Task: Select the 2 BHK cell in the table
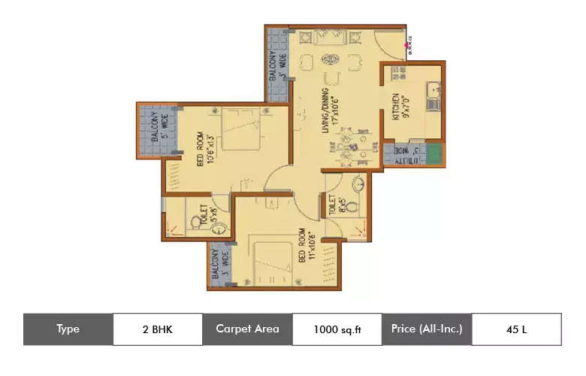158,329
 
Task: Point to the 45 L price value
516,329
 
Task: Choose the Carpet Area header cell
247,329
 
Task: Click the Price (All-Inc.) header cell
426,329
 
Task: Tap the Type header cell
68,329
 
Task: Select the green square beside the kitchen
433,154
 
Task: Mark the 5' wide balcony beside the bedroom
156,129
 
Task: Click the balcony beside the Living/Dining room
276,65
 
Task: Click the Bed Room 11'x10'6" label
306,244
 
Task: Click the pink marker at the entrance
407,44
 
